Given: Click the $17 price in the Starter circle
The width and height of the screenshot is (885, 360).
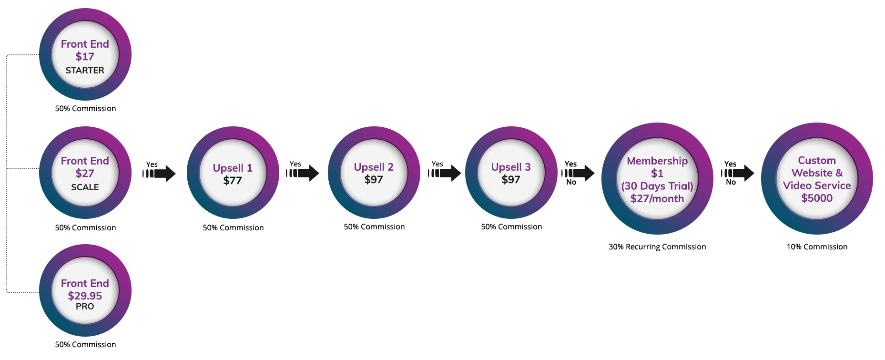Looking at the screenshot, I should [85, 57].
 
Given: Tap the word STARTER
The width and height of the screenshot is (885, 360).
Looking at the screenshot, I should [85, 71].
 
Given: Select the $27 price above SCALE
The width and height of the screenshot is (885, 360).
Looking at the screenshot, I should [85, 174].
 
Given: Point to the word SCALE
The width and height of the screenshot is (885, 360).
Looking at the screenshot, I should [85, 187].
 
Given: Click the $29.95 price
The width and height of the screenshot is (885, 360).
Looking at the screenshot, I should [85, 296].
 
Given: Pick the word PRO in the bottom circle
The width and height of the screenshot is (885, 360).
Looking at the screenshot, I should [85, 307].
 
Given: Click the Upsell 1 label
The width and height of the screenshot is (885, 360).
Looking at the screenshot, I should [233, 168].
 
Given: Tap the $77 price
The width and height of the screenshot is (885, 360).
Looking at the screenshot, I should [233, 181].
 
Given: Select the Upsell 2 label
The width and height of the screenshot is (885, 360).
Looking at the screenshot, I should [374, 167].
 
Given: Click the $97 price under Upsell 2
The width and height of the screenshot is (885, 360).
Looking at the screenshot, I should [374, 180].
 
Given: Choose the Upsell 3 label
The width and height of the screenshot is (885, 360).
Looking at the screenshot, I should [511, 167].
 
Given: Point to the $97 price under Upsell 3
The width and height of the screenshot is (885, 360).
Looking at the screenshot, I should [511, 180].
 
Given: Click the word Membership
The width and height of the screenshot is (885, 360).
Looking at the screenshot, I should [657, 161].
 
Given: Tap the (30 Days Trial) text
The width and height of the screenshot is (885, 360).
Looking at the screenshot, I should [657, 186].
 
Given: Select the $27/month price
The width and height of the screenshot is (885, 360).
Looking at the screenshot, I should [657, 199].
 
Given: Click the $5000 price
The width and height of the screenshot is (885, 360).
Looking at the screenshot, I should [817, 198].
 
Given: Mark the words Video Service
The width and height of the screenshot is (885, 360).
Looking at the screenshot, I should [817, 186].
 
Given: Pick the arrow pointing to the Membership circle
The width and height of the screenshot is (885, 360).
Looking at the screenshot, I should [579, 173].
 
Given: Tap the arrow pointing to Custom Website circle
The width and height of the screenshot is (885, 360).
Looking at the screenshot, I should [738, 173].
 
